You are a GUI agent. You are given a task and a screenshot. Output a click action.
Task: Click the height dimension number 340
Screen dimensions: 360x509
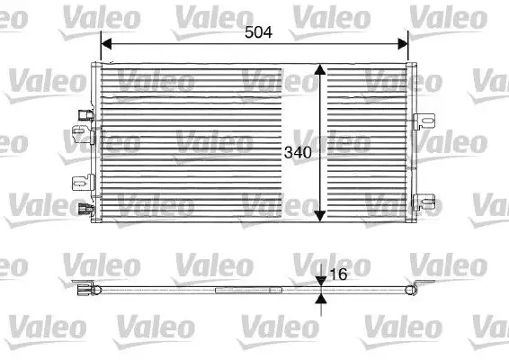point(298,153)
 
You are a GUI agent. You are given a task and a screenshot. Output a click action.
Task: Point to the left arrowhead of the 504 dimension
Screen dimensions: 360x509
point(104,41)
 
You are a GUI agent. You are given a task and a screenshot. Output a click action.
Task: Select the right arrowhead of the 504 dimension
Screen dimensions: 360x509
point(403,41)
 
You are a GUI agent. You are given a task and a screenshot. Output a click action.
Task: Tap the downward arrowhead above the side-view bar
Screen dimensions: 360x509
point(321,282)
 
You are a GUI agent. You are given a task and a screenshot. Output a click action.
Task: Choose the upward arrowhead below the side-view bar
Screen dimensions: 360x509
point(321,298)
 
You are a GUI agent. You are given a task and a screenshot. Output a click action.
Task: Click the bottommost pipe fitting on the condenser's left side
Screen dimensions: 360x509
point(86,211)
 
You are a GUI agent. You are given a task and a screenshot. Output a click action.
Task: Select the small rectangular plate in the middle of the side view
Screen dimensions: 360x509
point(231,290)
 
